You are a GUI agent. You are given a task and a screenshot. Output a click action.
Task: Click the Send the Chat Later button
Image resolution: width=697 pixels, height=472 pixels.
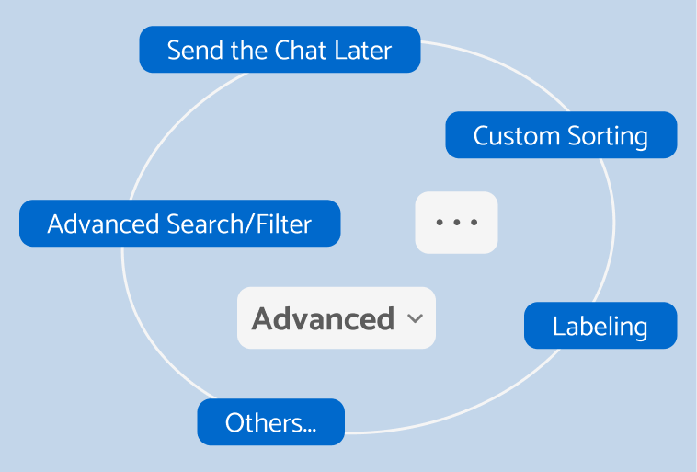(280, 50)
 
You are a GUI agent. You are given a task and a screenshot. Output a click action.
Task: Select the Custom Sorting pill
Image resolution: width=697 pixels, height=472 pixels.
(561, 136)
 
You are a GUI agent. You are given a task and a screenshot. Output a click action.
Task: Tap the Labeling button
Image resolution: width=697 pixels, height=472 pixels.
(600, 326)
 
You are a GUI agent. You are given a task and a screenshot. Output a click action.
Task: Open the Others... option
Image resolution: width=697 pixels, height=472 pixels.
(270, 423)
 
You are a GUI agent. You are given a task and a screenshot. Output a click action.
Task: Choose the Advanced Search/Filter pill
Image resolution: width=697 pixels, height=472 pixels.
(179, 224)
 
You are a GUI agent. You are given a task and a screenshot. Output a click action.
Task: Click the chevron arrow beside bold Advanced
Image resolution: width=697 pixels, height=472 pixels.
(415, 319)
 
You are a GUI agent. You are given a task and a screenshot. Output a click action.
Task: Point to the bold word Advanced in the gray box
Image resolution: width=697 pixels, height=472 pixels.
(323, 319)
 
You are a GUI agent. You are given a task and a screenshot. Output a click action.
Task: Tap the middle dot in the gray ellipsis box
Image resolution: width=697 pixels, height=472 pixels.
(457, 223)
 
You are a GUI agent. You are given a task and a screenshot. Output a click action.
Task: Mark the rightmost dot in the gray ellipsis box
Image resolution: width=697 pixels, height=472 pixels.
(474, 223)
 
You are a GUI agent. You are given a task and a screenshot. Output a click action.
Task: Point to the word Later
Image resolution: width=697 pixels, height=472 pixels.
(364, 50)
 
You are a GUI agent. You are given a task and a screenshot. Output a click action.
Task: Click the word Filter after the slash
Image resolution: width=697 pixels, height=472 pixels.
(286, 224)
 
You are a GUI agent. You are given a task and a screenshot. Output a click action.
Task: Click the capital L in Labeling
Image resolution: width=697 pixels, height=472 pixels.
(558, 326)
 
